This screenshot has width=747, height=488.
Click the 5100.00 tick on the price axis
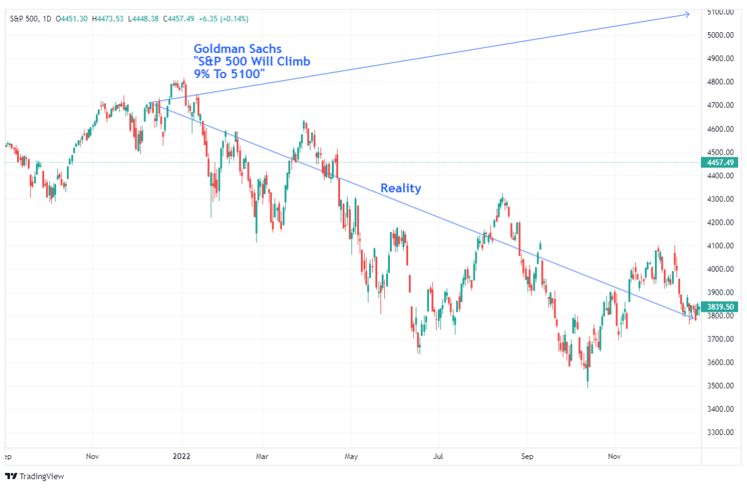719,11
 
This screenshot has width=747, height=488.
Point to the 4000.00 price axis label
719,269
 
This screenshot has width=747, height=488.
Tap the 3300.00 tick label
719,433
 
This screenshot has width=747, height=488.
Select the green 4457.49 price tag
719,162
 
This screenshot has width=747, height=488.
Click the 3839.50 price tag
719,307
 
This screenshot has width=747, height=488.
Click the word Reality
401,188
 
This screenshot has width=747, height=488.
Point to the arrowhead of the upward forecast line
688,14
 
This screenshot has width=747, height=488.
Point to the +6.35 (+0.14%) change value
224,19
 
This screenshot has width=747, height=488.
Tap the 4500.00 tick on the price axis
719,152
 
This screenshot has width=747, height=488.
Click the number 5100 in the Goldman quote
248,75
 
